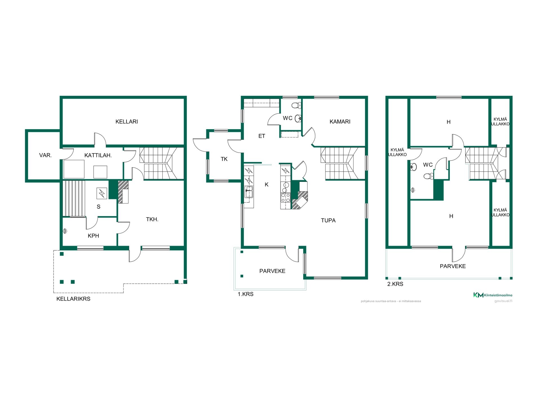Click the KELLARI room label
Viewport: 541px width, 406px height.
[x=127, y=122]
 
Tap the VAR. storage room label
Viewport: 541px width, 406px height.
[x=45, y=155]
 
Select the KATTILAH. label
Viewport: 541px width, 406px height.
[x=98, y=155]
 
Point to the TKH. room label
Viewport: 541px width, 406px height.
[x=152, y=219]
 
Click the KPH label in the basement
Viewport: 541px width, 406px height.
[x=93, y=236]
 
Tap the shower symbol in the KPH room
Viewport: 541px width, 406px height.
[x=65, y=231]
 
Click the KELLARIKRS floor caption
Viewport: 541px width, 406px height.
[x=73, y=299]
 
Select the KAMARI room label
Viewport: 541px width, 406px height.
[x=340, y=122]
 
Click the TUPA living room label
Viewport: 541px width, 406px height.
[x=328, y=220]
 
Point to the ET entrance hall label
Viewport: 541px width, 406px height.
[x=262, y=136]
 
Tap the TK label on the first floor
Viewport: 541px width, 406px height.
[x=224, y=159]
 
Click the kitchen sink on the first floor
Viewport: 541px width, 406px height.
[x=249, y=192]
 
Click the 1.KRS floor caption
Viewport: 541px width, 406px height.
[x=245, y=294]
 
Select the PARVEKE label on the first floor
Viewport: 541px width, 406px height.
[x=272, y=271]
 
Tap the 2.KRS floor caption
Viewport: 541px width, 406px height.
[x=395, y=284]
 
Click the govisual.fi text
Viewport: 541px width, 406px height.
[x=503, y=301]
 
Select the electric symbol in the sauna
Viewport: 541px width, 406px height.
[x=102, y=193]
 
